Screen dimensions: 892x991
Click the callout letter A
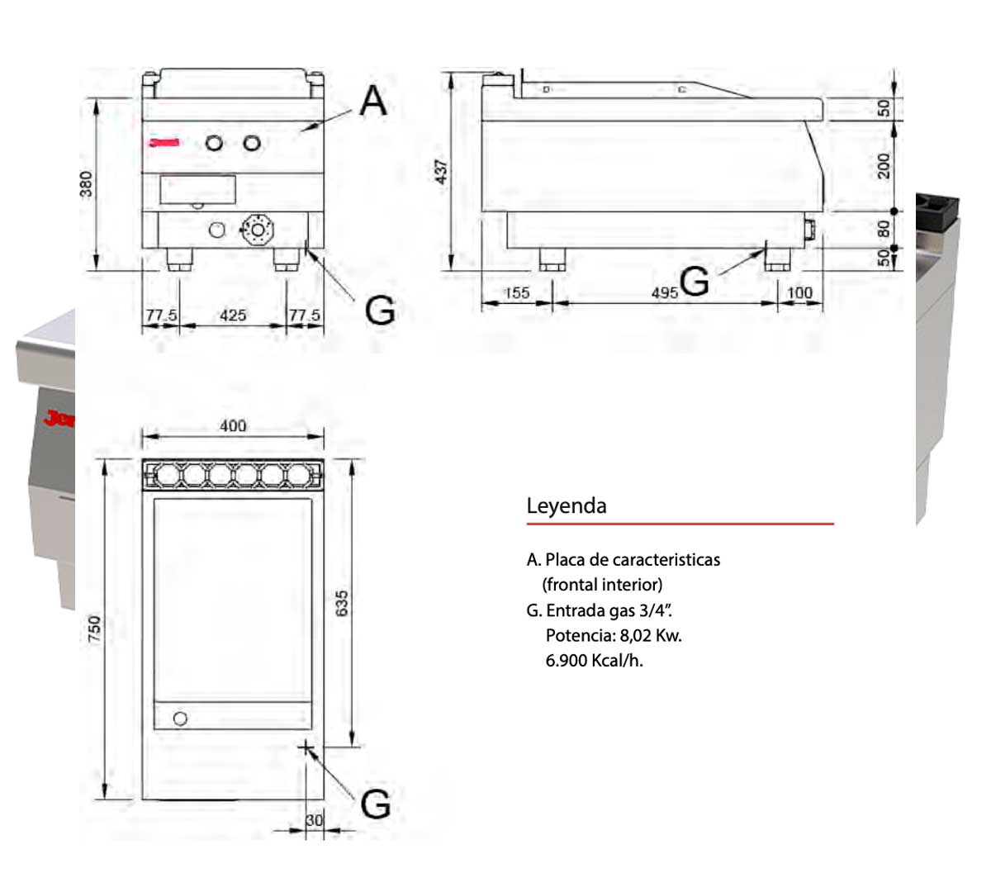point(373,101)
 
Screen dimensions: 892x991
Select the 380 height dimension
point(86,184)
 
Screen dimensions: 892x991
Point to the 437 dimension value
point(442,172)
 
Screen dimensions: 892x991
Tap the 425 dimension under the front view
point(233,315)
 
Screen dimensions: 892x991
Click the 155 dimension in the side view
point(516,292)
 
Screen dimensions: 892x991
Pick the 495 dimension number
point(664,292)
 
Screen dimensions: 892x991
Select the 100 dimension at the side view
point(799,292)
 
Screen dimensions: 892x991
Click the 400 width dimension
point(233,425)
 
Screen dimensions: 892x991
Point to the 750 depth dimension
point(94,629)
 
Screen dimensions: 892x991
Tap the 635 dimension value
point(342,603)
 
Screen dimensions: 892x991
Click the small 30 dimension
point(315,820)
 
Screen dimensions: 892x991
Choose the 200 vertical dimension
point(884,165)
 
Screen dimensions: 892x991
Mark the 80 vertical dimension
point(884,228)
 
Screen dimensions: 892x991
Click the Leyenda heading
point(567,505)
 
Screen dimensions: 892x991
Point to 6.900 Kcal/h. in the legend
point(594,661)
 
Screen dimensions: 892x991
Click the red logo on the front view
point(164,143)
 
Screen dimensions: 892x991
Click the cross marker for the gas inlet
point(306,748)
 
